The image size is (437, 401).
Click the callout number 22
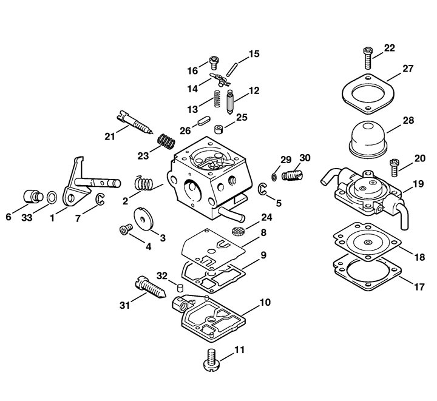389,48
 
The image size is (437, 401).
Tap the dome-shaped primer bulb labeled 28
368,139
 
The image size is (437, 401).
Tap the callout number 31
125,305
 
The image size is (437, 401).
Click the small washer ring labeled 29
274,177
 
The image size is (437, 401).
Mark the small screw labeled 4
126,229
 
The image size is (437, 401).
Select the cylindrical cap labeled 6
33,197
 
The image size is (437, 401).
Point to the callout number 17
419,286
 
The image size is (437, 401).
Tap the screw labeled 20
395,167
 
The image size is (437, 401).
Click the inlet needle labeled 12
230,102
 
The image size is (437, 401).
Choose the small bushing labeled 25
218,129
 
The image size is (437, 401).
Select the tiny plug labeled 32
180,287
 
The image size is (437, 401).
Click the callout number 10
265,302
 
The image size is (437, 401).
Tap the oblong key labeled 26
203,121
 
